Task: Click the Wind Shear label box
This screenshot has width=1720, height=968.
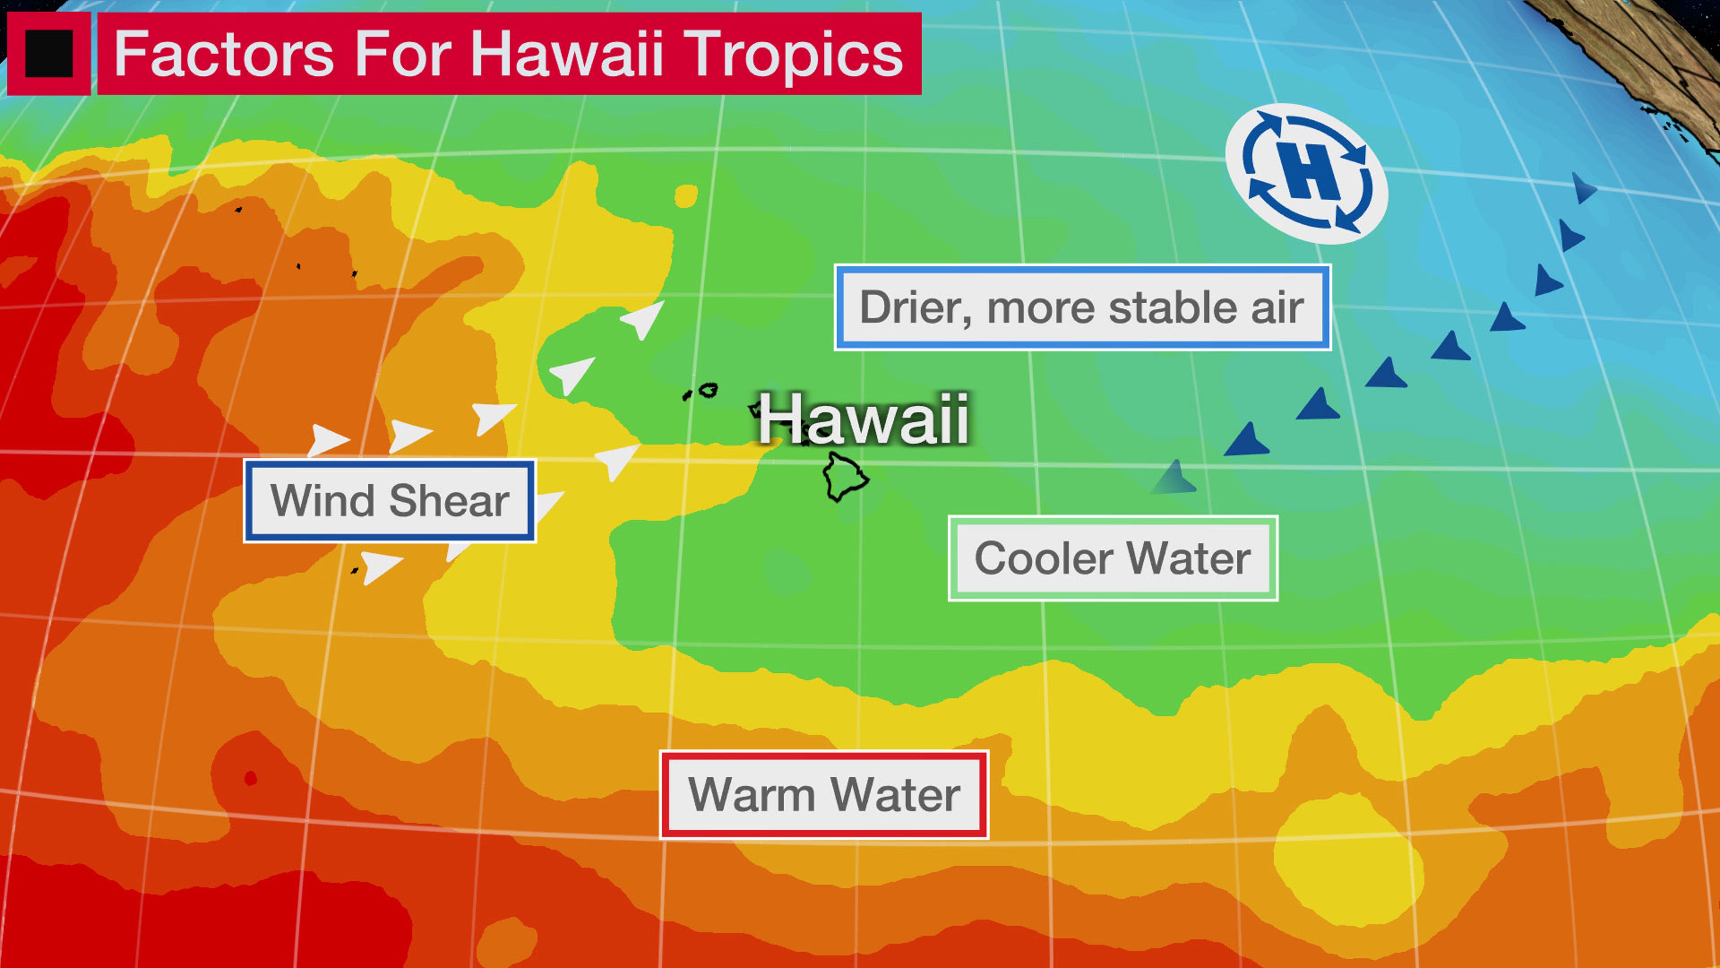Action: (389, 501)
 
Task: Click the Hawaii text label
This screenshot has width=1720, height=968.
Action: (863, 419)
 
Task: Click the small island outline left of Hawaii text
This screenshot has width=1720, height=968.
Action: (707, 390)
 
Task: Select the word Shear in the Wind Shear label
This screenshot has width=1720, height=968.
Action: (449, 501)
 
